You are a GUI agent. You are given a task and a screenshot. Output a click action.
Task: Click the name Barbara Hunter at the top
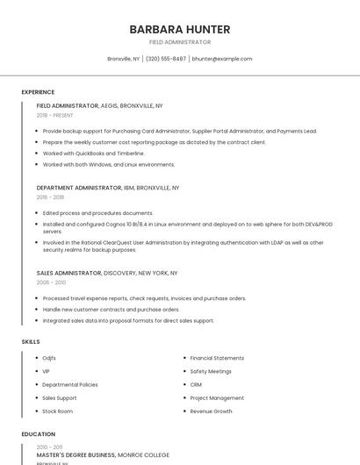click(180, 29)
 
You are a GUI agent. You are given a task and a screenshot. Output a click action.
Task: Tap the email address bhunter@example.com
click(221, 59)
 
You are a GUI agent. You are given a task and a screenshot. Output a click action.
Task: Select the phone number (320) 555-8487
click(166, 59)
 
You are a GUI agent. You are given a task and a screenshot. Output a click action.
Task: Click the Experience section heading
click(38, 92)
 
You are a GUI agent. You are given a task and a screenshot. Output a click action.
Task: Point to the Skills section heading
click(31, 341)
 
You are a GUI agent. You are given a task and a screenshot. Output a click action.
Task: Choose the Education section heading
click(39, 434)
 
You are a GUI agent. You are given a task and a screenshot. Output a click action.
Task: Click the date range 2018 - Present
click(54, 115)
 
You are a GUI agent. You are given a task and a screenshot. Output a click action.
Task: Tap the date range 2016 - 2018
click(50, 197)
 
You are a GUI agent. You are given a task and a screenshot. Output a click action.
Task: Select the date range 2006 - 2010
click(51, 283)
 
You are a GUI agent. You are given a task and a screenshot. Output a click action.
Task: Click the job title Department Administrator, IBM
click(107, 188)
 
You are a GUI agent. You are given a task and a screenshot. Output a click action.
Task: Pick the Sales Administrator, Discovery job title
click(106, 273)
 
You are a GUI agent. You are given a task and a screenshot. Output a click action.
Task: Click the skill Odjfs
click(49, 358)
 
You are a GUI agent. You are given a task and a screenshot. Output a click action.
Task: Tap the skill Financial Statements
click(217, 358)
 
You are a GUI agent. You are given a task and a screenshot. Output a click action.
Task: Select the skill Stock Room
click(57, 411)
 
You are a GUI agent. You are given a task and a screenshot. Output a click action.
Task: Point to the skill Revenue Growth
click(211, 411)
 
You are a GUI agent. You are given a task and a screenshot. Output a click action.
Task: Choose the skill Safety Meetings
click(211, 371)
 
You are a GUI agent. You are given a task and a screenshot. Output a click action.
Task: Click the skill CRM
click(196, 384)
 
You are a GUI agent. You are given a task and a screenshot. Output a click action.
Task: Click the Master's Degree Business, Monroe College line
click(103, 455)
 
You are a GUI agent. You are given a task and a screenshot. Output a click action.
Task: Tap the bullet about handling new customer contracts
click(111, 310)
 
